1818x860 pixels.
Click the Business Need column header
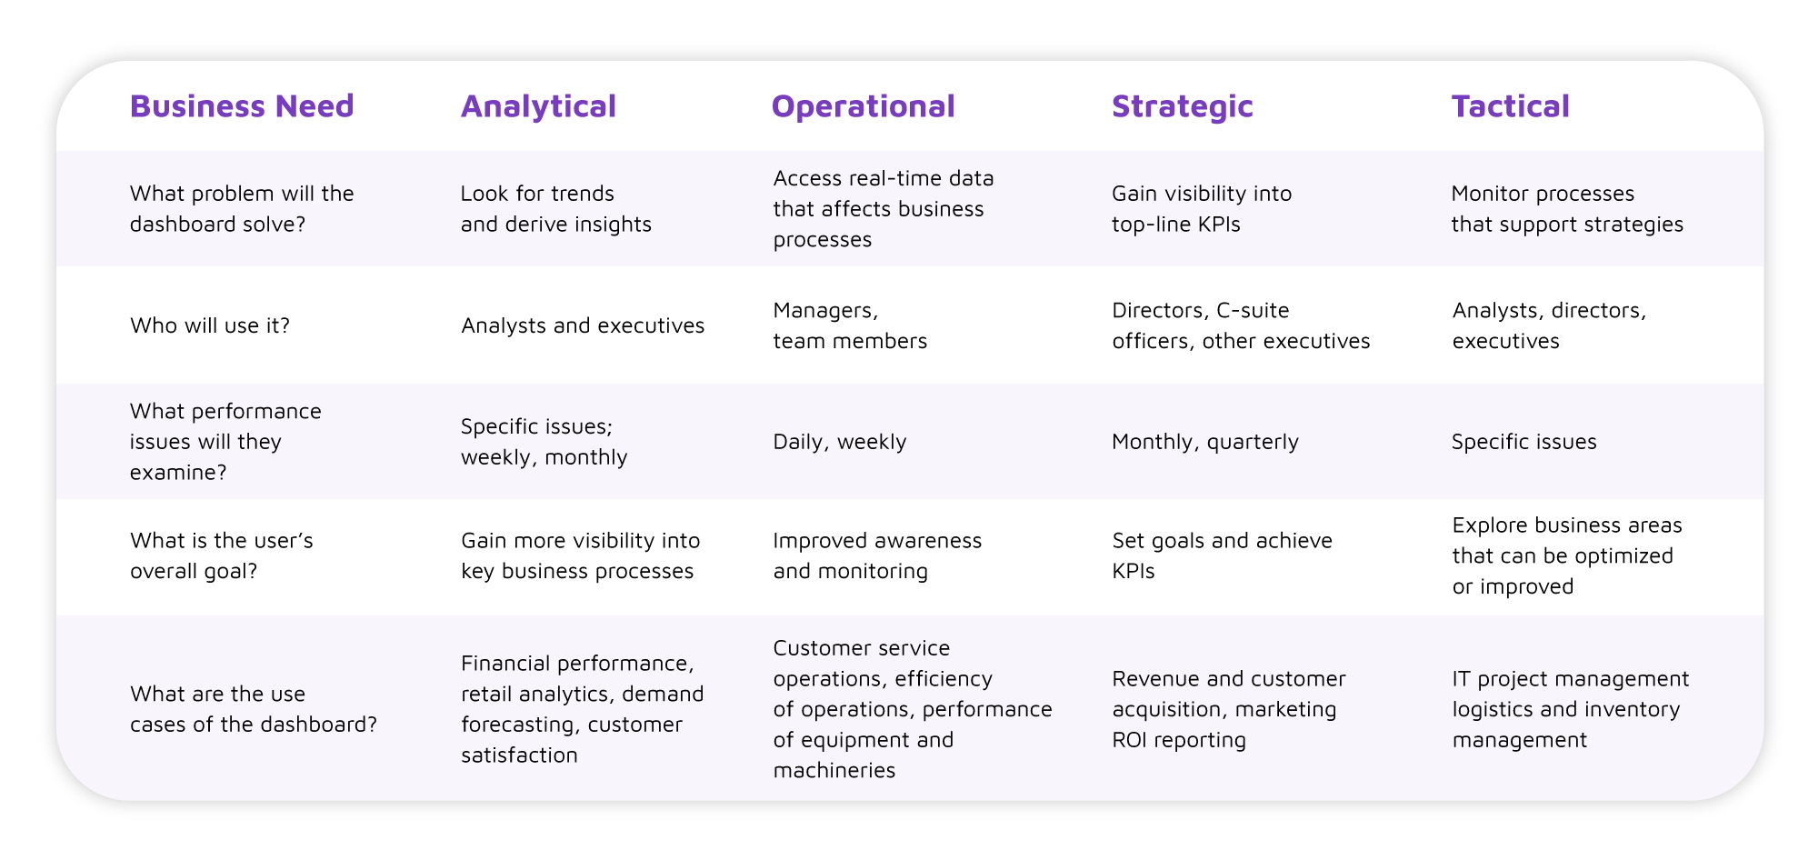242,106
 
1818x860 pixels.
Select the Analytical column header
538,107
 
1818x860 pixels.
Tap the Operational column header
863,107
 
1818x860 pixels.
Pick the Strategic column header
1182,107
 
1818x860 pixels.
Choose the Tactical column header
1510,106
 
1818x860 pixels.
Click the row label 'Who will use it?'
210,325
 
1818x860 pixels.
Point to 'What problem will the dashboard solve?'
242,208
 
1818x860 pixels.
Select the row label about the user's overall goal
222,555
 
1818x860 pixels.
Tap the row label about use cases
254,709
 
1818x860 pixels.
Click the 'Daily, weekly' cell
840,442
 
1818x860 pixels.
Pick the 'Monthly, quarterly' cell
1205,442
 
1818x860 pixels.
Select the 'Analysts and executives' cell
583,325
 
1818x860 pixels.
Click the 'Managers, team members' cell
850,325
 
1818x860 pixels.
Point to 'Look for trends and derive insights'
556,208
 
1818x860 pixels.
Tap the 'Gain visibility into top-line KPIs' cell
1202,208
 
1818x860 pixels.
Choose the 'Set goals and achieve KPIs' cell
1222,555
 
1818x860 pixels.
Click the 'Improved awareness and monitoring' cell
877,555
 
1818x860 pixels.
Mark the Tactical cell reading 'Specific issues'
1523,442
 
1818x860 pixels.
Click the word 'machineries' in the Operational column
834,771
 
